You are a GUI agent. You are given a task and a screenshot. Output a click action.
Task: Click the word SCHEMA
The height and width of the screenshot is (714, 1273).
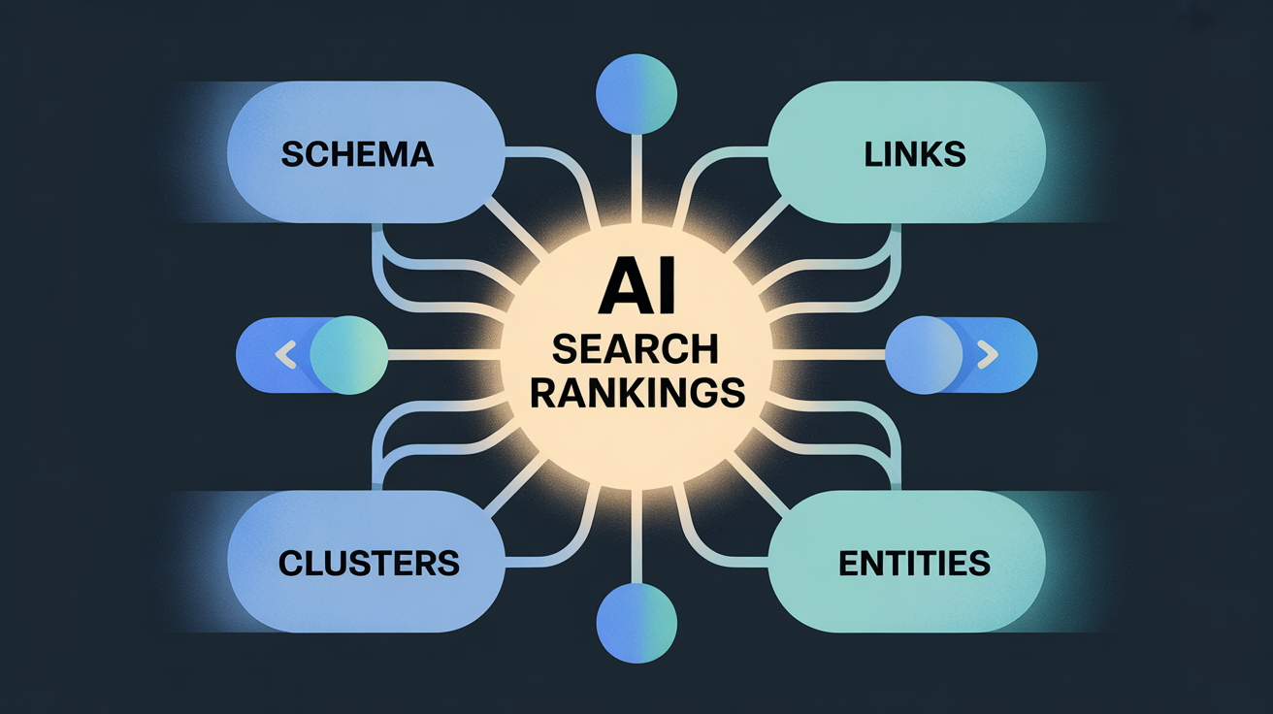357,154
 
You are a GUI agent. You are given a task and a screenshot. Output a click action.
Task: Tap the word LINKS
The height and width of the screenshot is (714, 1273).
915,154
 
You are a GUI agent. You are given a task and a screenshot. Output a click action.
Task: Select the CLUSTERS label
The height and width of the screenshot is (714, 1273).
369,563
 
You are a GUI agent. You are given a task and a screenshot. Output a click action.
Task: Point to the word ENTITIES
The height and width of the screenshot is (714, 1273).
915,563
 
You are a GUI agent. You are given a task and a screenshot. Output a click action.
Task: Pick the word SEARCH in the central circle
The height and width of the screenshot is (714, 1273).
636,349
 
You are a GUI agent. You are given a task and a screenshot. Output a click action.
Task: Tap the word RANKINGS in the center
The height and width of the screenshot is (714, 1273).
637,393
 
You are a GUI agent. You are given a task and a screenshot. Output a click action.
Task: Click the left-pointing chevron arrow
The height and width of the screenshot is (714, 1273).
286,355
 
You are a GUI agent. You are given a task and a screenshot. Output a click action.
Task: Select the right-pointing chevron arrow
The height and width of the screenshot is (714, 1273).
987,355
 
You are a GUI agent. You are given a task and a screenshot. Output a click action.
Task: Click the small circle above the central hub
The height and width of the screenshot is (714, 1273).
636,94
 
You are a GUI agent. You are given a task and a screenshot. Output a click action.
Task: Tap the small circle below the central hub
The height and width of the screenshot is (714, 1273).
636,623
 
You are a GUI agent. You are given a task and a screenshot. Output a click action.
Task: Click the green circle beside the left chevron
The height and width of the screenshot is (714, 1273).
349,355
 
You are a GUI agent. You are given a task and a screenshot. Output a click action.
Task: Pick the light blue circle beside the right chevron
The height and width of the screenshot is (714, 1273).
924,355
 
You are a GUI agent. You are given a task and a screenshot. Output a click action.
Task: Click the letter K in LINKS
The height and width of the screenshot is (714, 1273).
930,154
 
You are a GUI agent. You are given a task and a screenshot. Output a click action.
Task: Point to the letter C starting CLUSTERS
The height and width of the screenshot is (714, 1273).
290,563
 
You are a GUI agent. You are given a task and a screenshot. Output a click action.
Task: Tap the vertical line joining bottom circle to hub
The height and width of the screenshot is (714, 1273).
636,535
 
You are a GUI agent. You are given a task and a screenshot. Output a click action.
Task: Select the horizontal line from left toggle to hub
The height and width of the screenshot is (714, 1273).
444,355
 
